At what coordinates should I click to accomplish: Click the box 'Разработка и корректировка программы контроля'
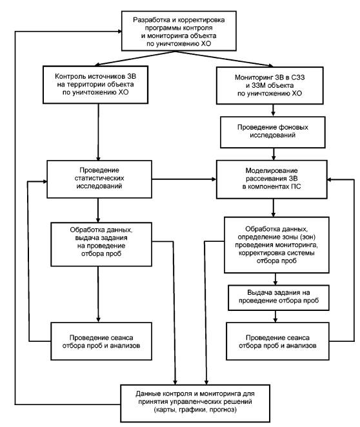click(x=179, y=31)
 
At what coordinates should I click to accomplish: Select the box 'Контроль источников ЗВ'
click(x=95, y=84)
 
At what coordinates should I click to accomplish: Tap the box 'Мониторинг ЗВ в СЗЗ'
click(x=270, y=86)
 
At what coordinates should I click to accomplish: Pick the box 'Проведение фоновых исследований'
click(x=273, y=132)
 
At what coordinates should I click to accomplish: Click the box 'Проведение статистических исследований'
click(x=99, y=179)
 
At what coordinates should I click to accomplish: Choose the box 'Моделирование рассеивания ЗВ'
click(x=272, y=179)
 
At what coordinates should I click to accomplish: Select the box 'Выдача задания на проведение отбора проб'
click(x=279, y=297)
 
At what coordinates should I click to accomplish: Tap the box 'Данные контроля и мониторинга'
click(x=195, y=403)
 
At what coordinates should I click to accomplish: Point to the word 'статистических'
click(x=99, y=179)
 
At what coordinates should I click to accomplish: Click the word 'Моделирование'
click(x=272, y=171)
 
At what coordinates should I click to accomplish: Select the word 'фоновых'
click(x=294, y=128)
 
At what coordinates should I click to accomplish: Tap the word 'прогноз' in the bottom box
click(x=223, y=410)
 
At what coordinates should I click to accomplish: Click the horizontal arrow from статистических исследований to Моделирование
click(x=184, y=179)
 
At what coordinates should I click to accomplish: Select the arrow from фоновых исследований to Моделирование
click(x=274, y=154)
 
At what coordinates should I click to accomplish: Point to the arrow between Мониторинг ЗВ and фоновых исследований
click(x=273, y=110)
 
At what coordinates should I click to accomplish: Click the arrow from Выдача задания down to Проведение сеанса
click(x=275, y=317)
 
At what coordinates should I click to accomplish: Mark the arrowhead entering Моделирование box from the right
click(x=330, y=179)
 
